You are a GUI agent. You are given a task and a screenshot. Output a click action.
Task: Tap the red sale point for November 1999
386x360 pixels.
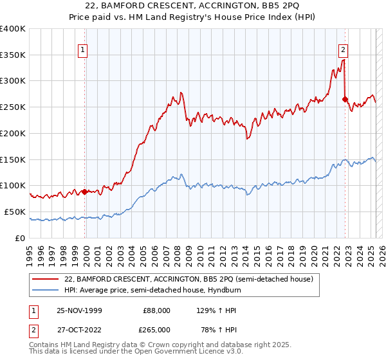84,191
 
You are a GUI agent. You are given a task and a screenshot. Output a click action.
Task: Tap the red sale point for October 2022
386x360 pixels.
345,99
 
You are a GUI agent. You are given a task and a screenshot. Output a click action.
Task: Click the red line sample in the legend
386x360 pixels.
46,279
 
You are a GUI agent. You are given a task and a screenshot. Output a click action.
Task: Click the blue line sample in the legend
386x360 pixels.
46,290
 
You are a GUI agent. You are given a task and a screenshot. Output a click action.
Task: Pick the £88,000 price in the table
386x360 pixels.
156,310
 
